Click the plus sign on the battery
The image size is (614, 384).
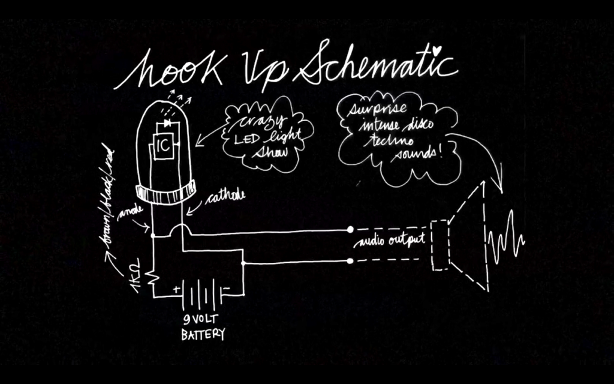click(x=177, y=289)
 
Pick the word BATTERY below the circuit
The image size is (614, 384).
click(x=203, y=334)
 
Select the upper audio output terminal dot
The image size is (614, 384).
click(x=350, y=229)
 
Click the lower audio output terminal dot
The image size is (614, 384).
click(x=350, y=261)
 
